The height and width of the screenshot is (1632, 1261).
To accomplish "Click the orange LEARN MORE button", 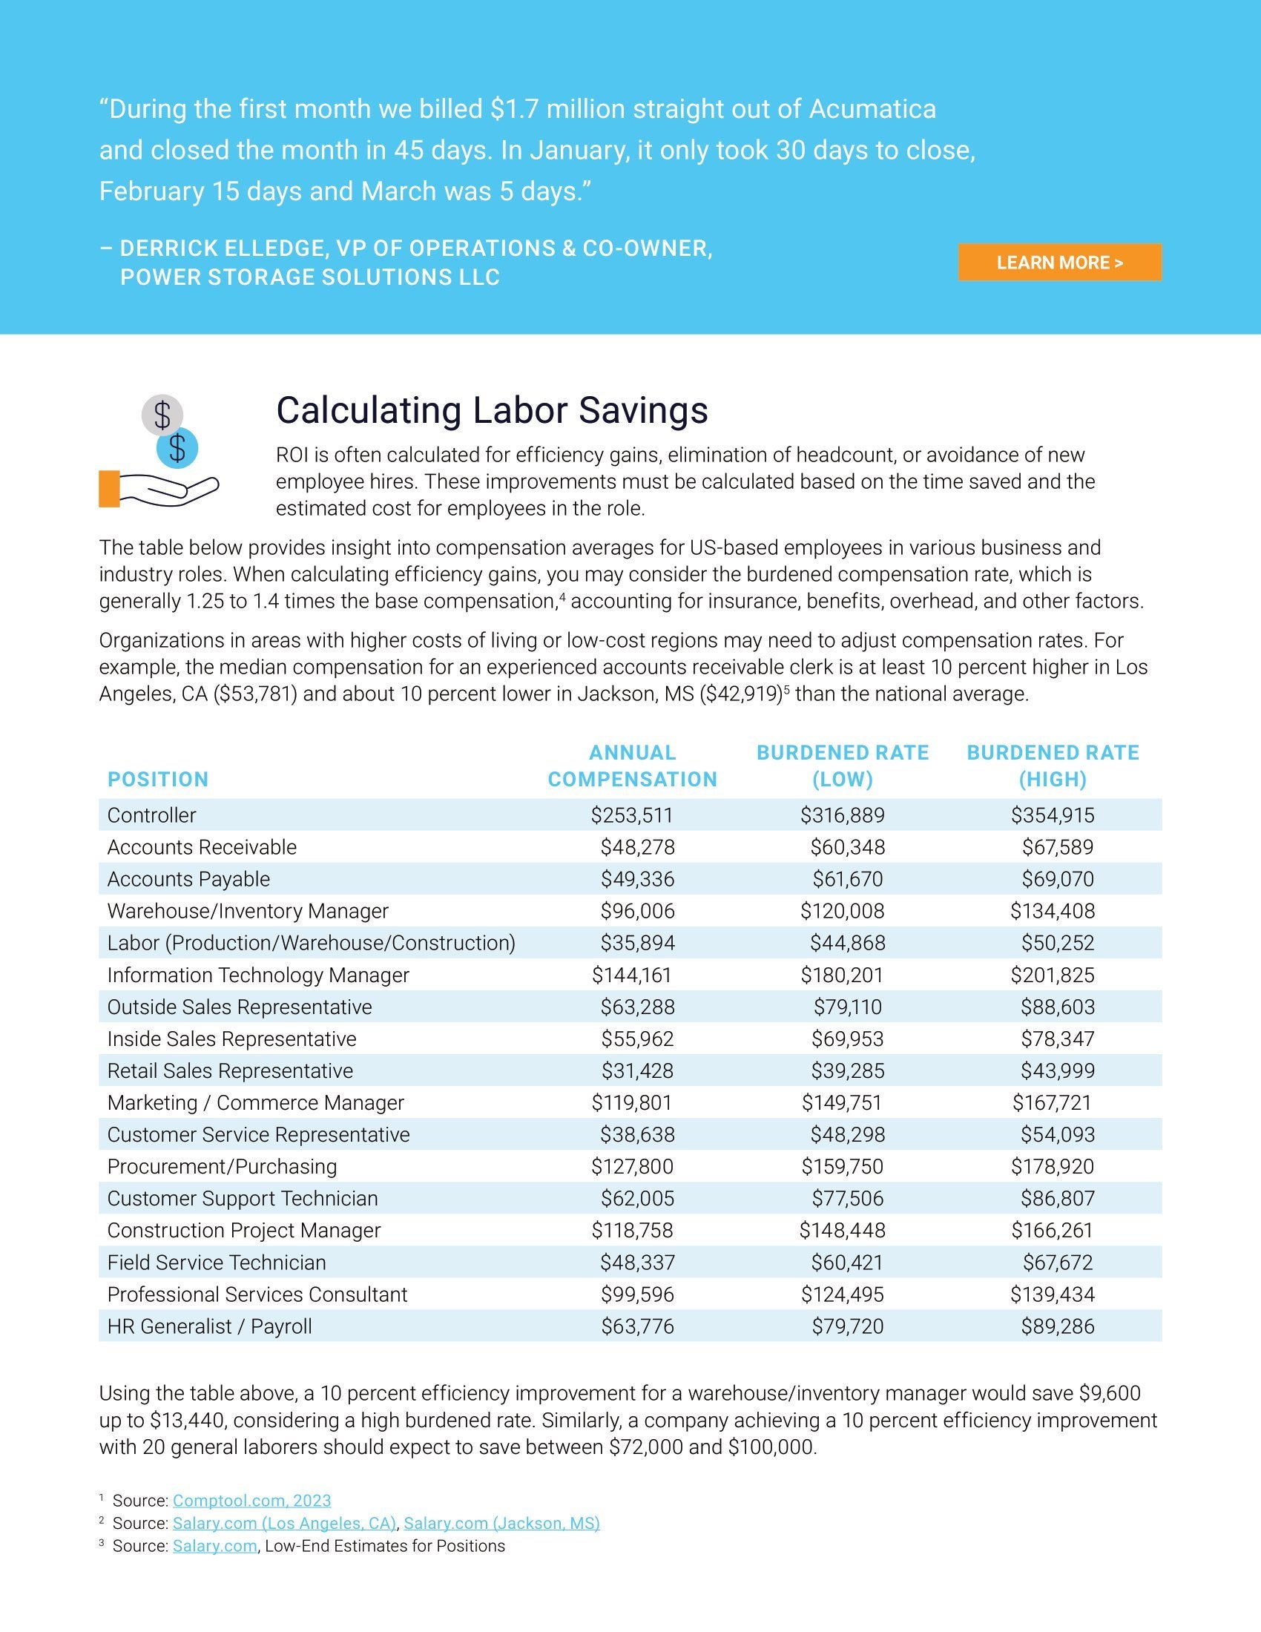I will (1059, 263).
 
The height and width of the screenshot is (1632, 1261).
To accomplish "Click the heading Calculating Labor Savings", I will (492, 410).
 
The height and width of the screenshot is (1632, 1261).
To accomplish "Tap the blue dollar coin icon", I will (177, 448).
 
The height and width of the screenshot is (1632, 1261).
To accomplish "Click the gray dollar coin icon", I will (162, 415).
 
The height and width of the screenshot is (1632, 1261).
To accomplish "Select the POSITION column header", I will (157, 780).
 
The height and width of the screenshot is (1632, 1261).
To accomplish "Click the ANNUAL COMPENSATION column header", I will (632, 766).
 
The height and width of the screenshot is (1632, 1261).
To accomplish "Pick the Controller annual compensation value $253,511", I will (632, 815).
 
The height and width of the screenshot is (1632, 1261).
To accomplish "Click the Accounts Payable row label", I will (188, 879).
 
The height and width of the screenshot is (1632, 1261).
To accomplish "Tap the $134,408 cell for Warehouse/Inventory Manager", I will (1053, 911).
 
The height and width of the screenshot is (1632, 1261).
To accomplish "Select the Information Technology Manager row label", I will (257, 975).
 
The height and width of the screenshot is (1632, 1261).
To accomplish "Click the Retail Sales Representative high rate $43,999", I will (1057, 1070).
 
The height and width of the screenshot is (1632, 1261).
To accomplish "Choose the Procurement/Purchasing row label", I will (222, 1166).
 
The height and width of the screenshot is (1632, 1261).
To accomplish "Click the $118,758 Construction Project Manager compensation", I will (632, 1231).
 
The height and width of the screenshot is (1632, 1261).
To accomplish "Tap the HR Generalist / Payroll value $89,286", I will (1057, 1326).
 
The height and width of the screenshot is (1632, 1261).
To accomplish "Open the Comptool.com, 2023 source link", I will (251, 1501).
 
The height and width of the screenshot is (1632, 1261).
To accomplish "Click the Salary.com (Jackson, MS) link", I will (501, 1523).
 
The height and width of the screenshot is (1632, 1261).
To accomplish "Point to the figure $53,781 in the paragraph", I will (255, 694).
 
